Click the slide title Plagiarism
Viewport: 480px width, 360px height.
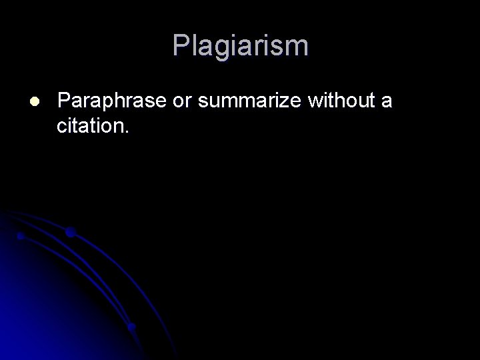click(240, 46)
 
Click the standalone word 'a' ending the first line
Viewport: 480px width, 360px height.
click(386, 101)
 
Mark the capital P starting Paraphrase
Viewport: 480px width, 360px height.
click(65, 101)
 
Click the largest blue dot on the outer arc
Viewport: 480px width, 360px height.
click(70, 232)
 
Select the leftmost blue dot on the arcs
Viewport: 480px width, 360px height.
click(21, 236)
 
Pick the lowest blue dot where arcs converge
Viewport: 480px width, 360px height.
click(132, 327)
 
